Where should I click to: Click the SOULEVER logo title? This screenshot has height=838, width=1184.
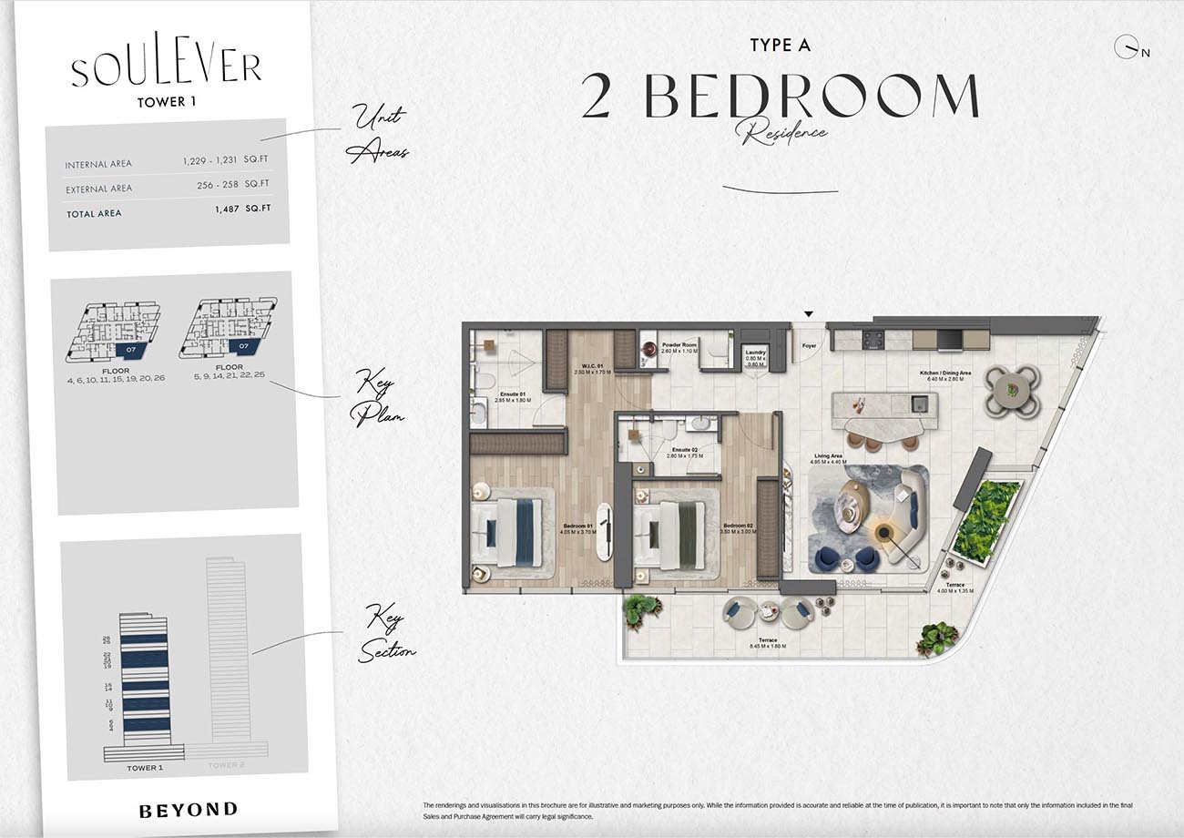coord(167,69)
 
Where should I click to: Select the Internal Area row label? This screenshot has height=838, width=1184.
coord(98,165)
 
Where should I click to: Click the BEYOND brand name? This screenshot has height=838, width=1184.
coord(189,809)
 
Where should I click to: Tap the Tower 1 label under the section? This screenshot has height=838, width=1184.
coord(145,768)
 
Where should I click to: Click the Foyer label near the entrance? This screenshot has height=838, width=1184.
coord(809,346)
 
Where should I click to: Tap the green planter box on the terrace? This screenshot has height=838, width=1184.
coord(986,519)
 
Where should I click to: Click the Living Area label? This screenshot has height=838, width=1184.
coord(828,458)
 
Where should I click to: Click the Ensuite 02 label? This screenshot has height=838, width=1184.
coord(685,451)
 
